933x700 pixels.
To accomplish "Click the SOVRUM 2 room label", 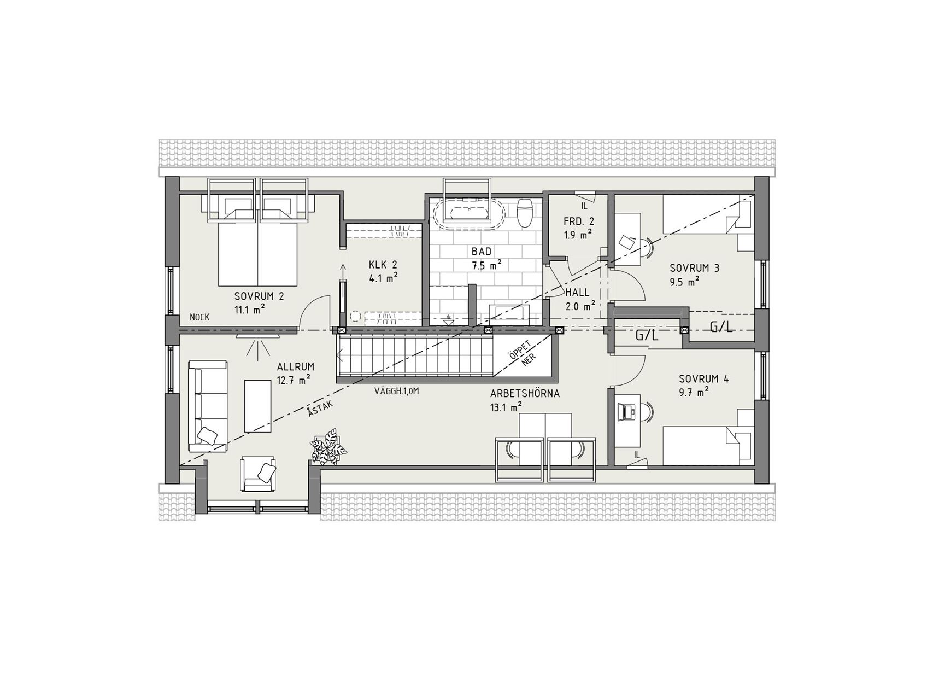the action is click(259, 297).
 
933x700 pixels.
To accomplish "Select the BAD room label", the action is click(482, 252).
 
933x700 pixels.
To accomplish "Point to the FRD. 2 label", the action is click(579, 222).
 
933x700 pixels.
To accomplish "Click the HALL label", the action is click(577, 293).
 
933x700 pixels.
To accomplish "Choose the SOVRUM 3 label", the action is click(695, 268).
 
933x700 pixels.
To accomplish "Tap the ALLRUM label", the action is click(296, 367).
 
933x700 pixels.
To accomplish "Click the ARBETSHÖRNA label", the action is click(525, 393).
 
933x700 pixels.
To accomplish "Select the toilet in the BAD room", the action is click(525, 213).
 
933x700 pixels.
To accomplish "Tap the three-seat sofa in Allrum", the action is click(208, 406).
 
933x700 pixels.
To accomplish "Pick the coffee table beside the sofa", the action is click(257, 406).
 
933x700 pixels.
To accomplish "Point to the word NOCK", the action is click(200, 317).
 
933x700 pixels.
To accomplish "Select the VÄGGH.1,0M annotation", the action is click(396, 392).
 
